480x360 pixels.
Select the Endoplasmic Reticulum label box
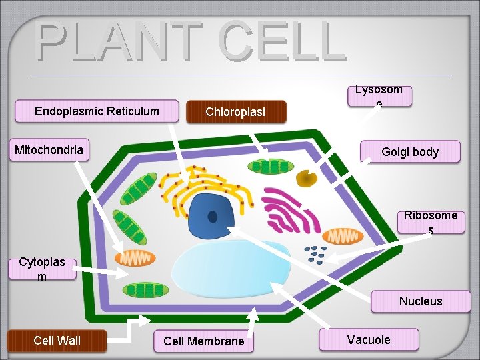pos(97,111)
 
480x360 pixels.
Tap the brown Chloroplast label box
pos(236,112)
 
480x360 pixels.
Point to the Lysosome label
pos(379,95)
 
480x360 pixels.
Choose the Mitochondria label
pos(49,150)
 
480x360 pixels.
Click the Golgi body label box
pos(410,152)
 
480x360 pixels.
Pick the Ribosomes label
pos(431,221)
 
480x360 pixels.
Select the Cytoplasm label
pos(42,269)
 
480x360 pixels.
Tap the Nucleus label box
pos(420,301)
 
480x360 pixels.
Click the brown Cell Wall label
pos(57,341)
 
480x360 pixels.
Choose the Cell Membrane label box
pos(204,341)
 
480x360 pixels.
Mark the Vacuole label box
pos(369,340)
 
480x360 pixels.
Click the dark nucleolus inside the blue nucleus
pos(213,217)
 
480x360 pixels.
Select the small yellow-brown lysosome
pos(307,178)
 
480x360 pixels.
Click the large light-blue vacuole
pos(230,271)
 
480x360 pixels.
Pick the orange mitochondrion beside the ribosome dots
pos(343,236)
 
